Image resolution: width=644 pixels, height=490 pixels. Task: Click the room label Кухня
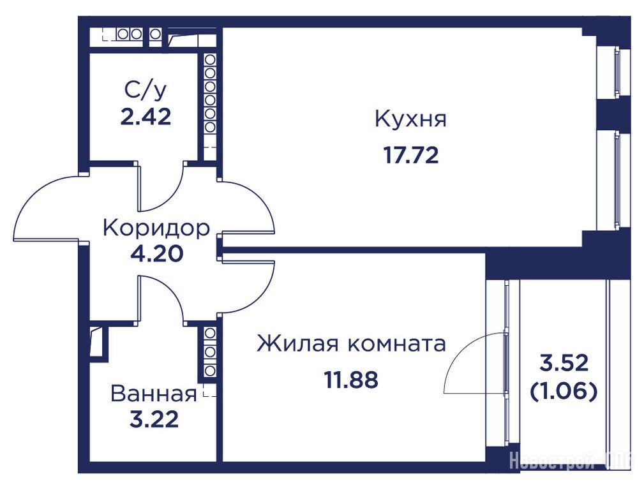click(410, 119)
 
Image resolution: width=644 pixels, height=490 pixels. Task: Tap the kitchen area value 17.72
click(411, 155)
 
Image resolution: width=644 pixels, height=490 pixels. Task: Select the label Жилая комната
click(351, 343)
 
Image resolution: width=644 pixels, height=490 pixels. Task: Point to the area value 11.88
click(351, 380)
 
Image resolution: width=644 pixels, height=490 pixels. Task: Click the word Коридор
click(156, 228)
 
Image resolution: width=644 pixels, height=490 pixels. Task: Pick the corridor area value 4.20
click(156, 253)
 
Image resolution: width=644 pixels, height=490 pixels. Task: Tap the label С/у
click(146, 91)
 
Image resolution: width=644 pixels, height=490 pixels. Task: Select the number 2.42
click(146, 117)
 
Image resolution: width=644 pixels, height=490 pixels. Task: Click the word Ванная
click(154, 394)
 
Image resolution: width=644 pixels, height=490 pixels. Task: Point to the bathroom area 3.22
click(154, 420)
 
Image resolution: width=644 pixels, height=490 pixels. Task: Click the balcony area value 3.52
click(564, 364)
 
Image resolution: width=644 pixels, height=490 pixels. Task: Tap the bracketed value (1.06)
click(564, 392)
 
